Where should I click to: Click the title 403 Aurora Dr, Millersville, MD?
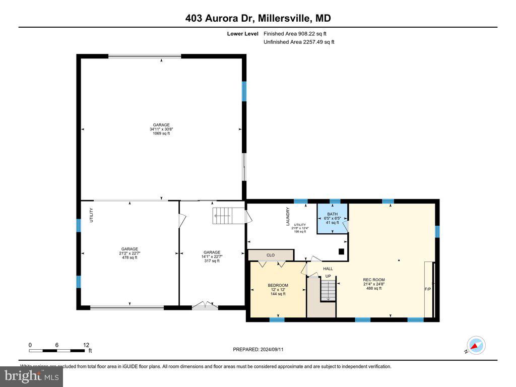click(x=257, y=19)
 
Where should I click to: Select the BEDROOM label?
click(x=278, y=286)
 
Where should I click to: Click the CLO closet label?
click(x=271, y=255)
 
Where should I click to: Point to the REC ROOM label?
click(x=374, y=280)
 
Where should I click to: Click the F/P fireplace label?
click(x=428, y=289)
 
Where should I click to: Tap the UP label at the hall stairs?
click(x=328, y=276)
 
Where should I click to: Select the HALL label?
click(x=328, y=269)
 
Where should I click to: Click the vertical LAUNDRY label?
click(x=288, y=217)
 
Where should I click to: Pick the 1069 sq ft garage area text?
click(x=161, y=134)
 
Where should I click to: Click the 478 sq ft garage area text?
click(x=130, y=257)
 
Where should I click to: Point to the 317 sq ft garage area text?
click(x=212, y=261)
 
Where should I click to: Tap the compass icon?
click(x=476, y=346)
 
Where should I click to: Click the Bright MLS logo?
click(x=31, y=376)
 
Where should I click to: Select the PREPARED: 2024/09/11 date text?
click(x=262, y=349)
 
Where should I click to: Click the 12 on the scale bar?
click(x=86, y=345)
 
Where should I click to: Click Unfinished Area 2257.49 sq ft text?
click(x=299, y=42)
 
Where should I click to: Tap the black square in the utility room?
click(x=341, y=251)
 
